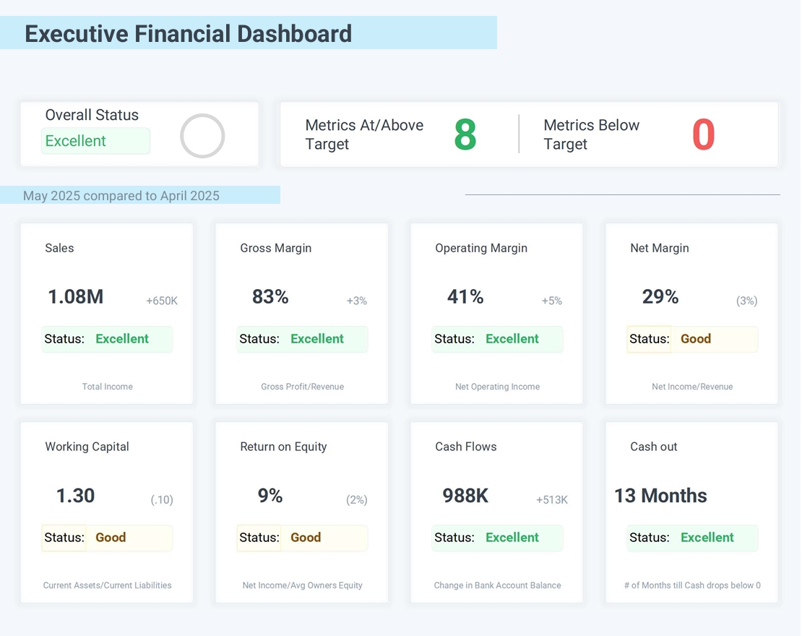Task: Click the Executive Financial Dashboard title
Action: coord(188,34)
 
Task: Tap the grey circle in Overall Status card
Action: coord(202,136)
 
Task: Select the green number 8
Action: coord(465,135)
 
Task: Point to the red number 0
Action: coord(703,135)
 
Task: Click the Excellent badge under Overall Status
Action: coord(95,141)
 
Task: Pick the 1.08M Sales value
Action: coord(76,296)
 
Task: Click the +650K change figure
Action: coord(162,301)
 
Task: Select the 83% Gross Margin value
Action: coord(270,296)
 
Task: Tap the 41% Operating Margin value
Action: coord(465,296)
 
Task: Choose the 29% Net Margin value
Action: coord(660,296)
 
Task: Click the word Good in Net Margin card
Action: coord(696,339)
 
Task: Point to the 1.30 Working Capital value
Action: coord(76,495)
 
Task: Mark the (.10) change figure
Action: coord(162,499)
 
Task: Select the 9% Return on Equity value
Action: coord(270,495)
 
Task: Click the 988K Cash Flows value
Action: coord(465,495)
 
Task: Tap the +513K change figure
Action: coord(552,499)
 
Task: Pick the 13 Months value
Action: coord(660,495)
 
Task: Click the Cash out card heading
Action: coord(654,447)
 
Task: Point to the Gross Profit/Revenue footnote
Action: coord(302,387)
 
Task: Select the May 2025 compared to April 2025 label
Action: coord(121,196)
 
